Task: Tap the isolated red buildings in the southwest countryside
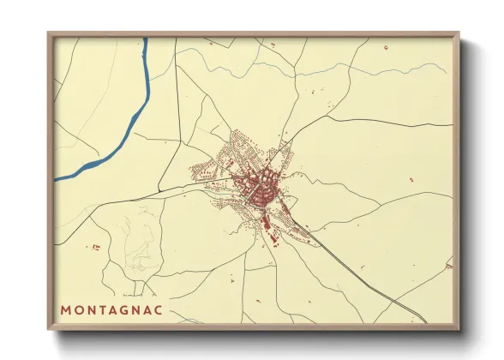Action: (x=95, y=247)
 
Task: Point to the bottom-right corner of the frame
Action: (x=458, y=328)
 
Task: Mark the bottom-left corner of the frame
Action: (x=49, y=328)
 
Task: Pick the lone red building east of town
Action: (x=411, y=179)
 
